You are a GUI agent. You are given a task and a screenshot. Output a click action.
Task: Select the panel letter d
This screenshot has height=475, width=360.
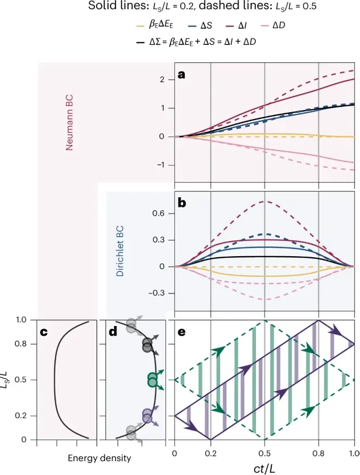click(x=113, y=332)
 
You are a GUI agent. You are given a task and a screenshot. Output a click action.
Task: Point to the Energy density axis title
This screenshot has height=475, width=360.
click(x=99, y=459)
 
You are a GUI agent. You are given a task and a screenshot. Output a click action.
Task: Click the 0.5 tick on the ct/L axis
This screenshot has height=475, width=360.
click(x=264, y=452)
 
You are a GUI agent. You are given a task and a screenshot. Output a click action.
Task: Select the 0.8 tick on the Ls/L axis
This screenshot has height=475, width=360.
click(x=21, y=344)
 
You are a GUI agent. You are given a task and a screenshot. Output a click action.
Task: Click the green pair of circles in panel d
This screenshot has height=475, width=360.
click(x=152, y=380)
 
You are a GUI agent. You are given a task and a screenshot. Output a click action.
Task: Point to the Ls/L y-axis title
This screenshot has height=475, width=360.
click(x=8, y=380)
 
